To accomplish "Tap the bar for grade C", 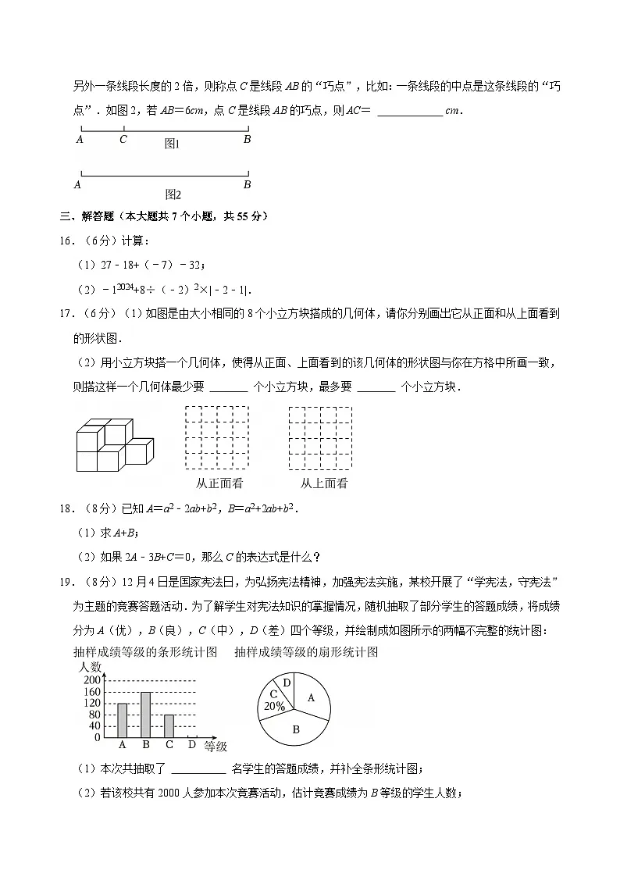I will point(169,725).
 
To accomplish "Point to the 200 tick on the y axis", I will point(92,681).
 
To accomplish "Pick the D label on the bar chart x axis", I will point(192,745).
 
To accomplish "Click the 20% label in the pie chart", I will point(274,705).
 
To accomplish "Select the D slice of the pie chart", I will point(287,683).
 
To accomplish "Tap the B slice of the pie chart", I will point(296,729).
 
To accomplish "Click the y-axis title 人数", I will point(91,668).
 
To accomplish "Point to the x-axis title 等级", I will point(216,747).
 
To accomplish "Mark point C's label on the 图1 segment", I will point(123,140).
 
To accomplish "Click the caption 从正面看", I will point(218,483).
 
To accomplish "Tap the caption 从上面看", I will point(324,483).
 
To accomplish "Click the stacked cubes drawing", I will point(114,444).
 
